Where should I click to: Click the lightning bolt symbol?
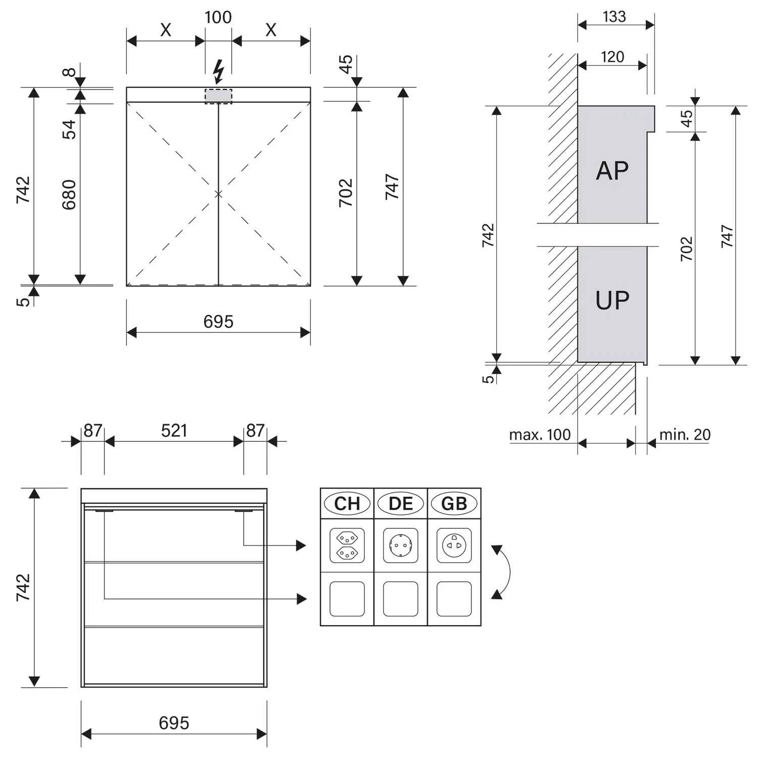click(x=218, y=71)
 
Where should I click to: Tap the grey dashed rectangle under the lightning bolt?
click(x=218, y=96)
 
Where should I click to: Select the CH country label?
click(x=347, y=504)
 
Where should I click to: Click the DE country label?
click(x=401, y=504)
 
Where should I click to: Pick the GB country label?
click(x=454, y=504)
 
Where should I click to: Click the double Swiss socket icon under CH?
click(x=347, y=546)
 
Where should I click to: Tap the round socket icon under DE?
click(x=401, y=546)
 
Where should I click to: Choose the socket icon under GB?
click(x=454, y=546)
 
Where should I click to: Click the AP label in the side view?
click(x=612, y=171)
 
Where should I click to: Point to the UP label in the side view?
click(x=612, y=301)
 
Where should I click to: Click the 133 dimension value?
click(x=614, y=17)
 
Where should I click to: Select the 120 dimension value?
click(x=612, y=57)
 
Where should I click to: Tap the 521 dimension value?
click(x=174, y=431)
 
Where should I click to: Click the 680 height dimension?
click(x=69, y=195)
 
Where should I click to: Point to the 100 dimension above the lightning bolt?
click(x=218, y=17)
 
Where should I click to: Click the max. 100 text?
click(x=540, y=435)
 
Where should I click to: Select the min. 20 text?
click(x=685, y=435)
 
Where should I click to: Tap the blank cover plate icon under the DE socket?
click(x=401, y=599)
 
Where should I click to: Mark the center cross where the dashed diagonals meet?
click(x=218, y=194)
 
